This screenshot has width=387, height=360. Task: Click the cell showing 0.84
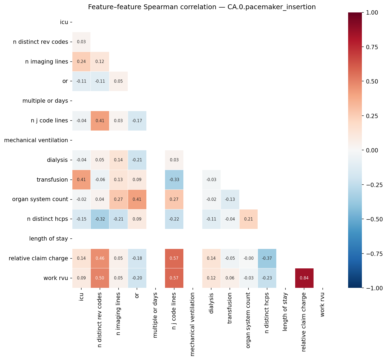(304, 278)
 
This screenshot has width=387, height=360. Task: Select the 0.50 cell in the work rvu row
(100, 278)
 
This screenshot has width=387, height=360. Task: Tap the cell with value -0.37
(267, 258)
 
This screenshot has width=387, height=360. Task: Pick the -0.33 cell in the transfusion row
(174, 180)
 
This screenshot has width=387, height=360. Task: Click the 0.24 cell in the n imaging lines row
(81, 62)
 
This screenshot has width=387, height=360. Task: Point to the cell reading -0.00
(248, 258)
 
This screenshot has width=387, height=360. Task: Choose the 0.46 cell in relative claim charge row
(100, 258)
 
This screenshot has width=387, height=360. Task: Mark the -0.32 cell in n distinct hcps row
(100, 219)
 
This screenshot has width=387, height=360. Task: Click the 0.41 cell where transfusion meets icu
(81, 180)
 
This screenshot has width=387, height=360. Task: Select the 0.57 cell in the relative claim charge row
(174, 258)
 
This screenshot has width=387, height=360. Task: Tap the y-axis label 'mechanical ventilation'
(36, 140)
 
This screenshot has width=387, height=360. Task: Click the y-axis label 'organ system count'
(40, 199)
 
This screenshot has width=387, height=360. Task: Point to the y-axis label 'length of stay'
(49, 239)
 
